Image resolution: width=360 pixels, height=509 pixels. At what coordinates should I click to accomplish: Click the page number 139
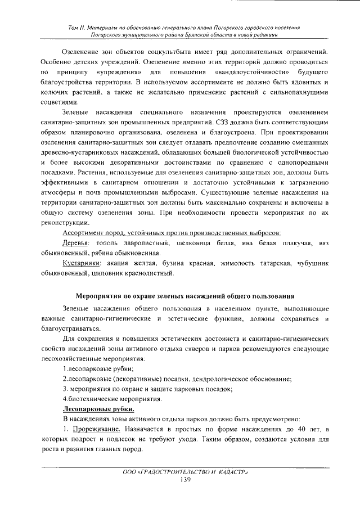pos(185,479)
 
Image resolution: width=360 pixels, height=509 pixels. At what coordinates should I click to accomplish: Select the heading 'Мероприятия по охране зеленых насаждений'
pos(184,296)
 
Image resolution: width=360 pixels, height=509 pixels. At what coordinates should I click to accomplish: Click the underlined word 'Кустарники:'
pos(82,263)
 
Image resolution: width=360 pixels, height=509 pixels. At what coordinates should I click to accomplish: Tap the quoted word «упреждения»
pos(116,73)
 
